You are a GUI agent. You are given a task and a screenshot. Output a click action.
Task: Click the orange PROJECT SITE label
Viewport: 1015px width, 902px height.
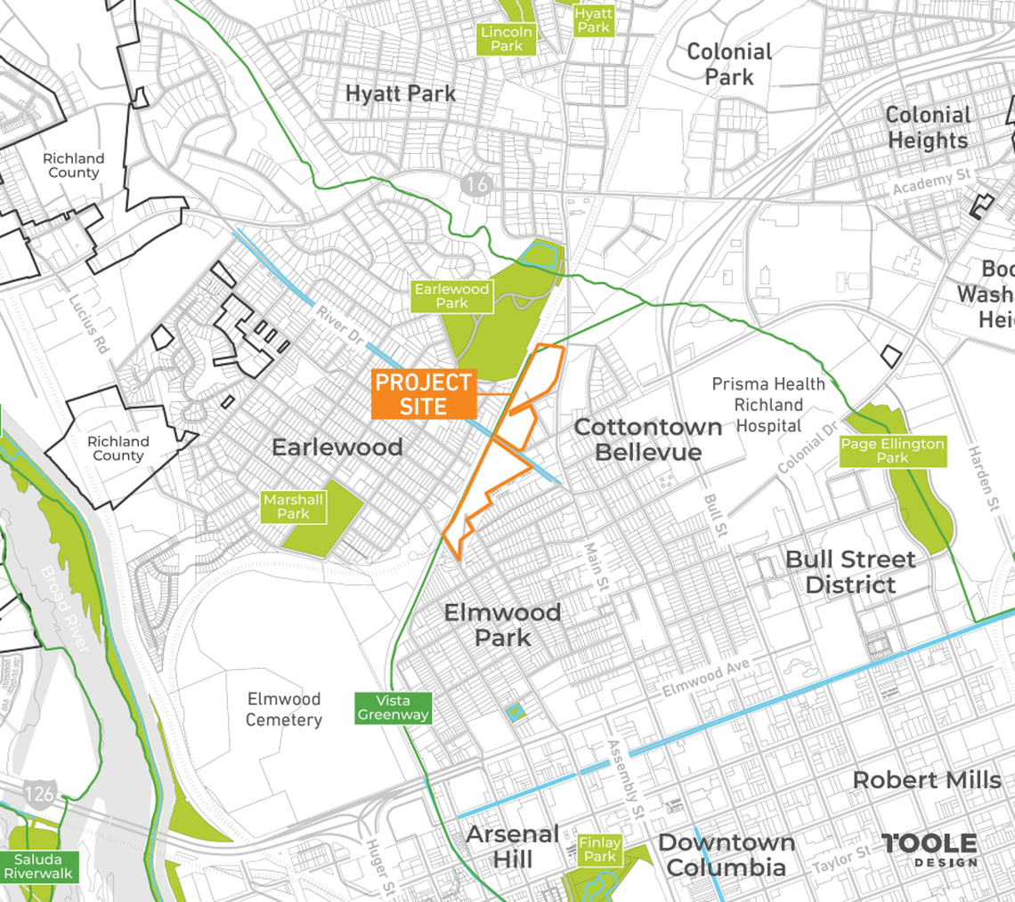pyautogui.click(x=424, y=394)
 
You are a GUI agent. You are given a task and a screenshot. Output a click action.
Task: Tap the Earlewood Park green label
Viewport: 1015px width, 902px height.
pyautogui.click(x=451, y=296)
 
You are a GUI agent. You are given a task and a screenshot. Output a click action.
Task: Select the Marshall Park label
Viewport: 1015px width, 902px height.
pyautogui.click(x=293, y=507)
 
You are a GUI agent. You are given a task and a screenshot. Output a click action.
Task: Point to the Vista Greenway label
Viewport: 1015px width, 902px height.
pyautogui.click(x=393, y=708)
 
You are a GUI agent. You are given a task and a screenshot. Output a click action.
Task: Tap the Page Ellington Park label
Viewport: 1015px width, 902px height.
pyautogui.click(x=893, y=451)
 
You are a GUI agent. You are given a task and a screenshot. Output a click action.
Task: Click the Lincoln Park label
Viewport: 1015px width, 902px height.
pyautogui.click(x=506, y=39)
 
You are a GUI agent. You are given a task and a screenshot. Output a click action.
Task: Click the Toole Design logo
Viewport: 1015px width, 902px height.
pyautogui.click(x=929, y=850)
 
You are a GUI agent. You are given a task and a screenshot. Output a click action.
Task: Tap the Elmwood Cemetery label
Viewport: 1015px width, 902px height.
pyautogui.click(x=284, y=709)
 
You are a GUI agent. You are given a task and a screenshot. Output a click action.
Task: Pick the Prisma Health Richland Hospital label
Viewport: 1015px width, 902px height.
pyautogui.click(x=769, y=405)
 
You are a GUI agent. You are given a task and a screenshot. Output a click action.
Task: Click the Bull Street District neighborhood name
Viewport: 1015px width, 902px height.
pyautogui.click(x=850, y=572)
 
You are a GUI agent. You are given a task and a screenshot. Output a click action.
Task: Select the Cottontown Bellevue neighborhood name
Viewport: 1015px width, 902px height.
pyautogui.click(x=647, y=439)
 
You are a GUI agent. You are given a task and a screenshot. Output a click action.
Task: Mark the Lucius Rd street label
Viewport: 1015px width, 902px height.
pyautogui.click(x=88, y=325)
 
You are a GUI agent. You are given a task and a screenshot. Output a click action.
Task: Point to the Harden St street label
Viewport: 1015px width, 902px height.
pyautogui.click(x=983, y=479)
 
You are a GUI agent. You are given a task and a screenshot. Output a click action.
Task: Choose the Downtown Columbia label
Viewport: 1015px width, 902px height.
pyautogui.click(x=726, y=855)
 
